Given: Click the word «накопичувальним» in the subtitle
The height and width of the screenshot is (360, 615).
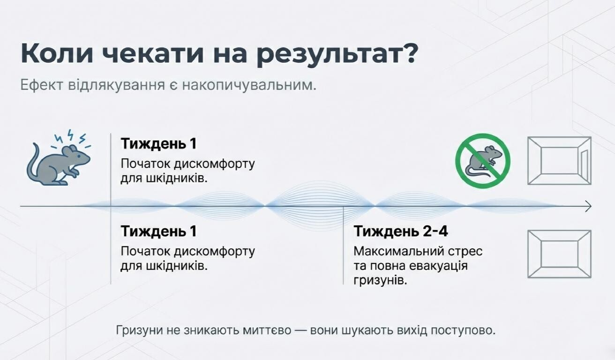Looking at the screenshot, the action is [249, 85].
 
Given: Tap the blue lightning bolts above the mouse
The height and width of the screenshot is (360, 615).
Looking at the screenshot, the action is [72, 139].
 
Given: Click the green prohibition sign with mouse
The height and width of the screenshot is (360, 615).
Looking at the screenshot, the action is [483, 161].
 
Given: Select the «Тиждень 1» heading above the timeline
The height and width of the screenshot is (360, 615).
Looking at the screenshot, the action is [159, 143].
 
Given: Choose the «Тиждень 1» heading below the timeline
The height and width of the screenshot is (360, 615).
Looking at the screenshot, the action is [159, 231].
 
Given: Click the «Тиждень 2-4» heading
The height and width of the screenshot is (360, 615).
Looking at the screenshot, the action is [401, 231].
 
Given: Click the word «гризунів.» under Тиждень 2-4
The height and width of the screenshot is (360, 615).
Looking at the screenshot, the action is [380, 281].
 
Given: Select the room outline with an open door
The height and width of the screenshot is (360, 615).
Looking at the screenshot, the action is [559, 161].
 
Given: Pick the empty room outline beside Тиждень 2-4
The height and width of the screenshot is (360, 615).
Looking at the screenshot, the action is [559, 254].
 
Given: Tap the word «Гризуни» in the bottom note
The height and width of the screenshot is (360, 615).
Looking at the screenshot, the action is [139, 330].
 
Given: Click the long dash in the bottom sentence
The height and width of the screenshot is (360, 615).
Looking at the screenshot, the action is [300, 330].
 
